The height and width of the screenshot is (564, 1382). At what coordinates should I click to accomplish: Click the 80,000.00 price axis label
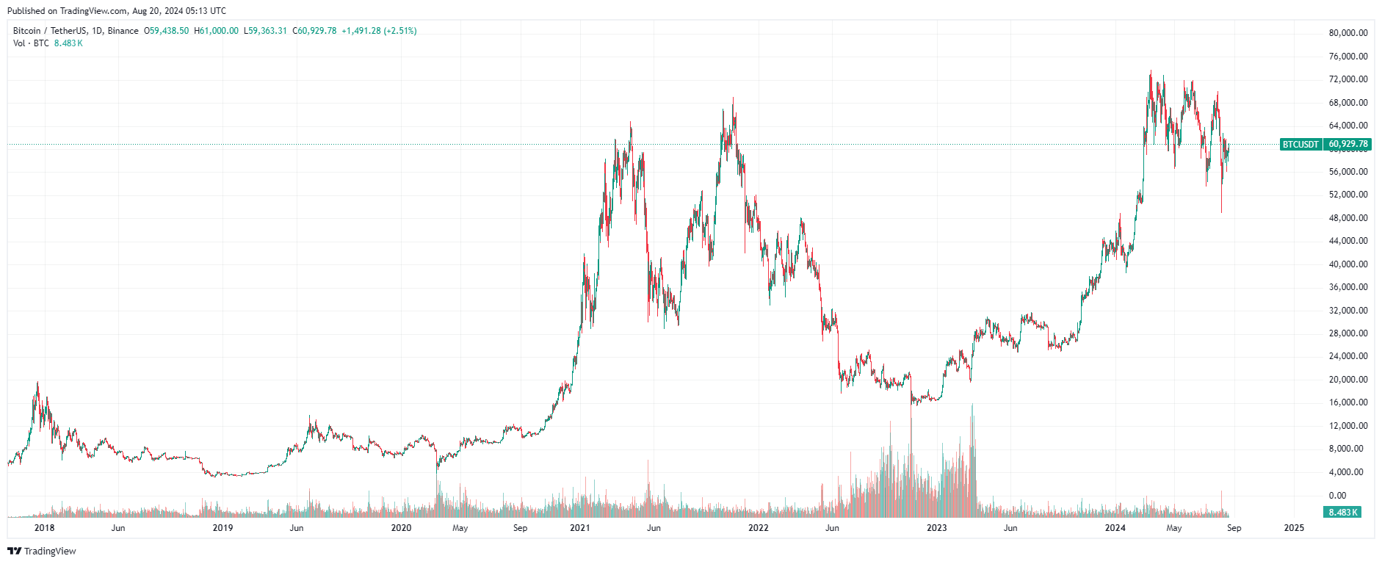click(x=1347, y=33)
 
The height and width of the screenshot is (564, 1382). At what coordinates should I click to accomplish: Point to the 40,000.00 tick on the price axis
click(x=1347, y=264)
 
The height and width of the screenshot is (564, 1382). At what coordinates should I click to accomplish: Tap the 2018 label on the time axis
click(x=45, y=528)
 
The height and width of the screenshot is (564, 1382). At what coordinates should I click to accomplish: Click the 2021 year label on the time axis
click(x=580, y=528)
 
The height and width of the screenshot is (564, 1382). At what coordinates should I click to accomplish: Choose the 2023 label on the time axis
click(x=937, y=528)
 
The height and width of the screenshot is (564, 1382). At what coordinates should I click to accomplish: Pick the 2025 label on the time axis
click(x=1294, y=528)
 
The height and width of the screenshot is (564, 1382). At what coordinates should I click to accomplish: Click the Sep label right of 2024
click(x=1234, y=528)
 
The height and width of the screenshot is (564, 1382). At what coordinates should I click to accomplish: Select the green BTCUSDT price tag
click(x=1300, y=145)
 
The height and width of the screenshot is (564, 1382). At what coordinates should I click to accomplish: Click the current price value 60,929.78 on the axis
click(x=1348, y=145)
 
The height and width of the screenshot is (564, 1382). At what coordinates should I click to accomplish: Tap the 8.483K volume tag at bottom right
click(x=1343, y=513)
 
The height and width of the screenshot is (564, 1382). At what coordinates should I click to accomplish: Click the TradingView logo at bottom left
click(x=42, y=552)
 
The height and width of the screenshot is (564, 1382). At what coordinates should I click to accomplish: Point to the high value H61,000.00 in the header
click(x=216, y=31)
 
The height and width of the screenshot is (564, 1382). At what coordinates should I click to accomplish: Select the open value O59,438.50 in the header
click(x=166, y=31)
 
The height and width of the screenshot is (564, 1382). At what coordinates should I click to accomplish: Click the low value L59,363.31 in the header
click(x=265, y=31)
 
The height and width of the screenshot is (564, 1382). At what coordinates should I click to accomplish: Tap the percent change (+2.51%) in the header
click(x=400, y=31)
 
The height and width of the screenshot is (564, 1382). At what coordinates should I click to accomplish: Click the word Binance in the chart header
click(x=123, y=31)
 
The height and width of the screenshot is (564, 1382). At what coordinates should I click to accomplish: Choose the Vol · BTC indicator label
click(x=31, y=43)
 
